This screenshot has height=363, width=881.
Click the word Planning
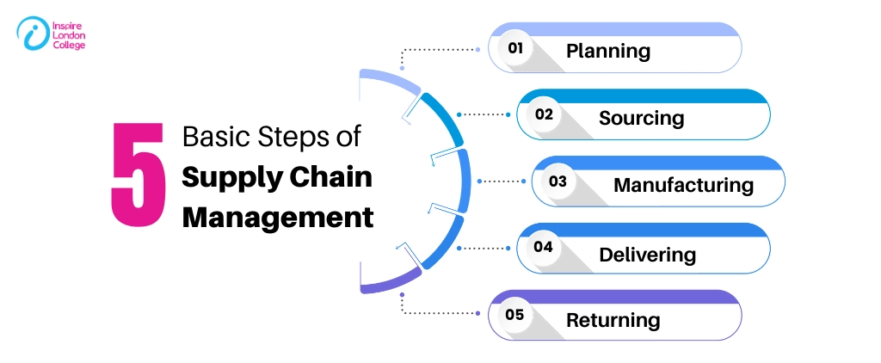pos(607,51)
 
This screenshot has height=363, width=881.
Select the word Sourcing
pos(641,117)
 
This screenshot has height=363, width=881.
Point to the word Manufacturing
pos(683,184)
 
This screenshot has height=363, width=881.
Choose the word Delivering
pos(647,254)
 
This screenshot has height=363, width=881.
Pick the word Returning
pos(613,320)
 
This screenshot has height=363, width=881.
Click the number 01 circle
pos(515,49)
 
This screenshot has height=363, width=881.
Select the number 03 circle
pos(558,181)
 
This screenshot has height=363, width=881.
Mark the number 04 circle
pos(543,248)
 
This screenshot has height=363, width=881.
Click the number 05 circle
pos(514,315)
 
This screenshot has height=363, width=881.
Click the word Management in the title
pos(278,216)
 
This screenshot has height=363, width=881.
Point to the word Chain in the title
pos(331,176)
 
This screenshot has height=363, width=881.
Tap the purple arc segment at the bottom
pos(387,283)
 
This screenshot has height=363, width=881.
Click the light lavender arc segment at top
pos(387,82)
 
